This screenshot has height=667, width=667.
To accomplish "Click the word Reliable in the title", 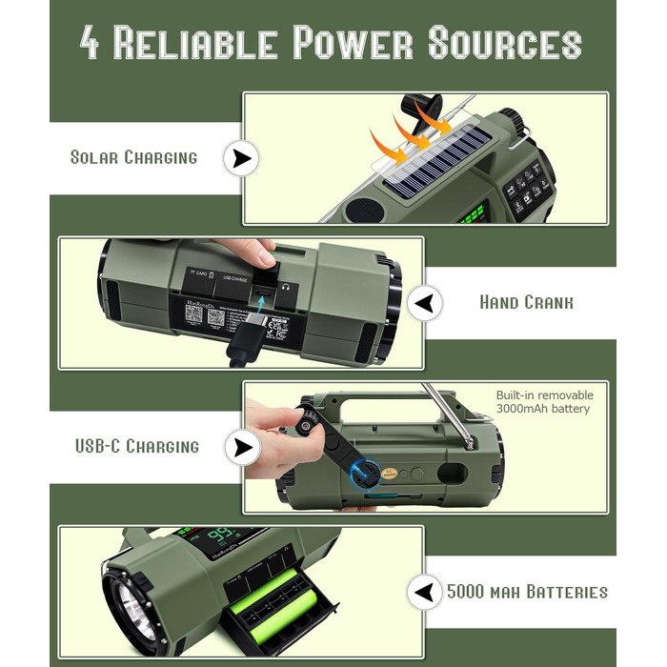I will (x=197, y=44).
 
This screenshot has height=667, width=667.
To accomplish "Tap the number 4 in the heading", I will (x=91, y=44).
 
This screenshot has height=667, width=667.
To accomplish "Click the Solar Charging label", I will (x=133, y=157).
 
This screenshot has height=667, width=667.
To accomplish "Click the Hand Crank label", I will (x=526, y=303).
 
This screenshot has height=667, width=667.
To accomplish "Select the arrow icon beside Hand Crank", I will (x=424, y=304).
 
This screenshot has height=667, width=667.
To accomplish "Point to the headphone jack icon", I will (x=284, y=284).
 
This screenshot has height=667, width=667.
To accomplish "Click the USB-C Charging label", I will (x=137, y=446).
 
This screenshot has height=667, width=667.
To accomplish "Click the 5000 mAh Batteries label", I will (x=526, y=592).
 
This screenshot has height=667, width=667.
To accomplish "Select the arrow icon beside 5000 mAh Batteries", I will (x=424, y=592).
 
